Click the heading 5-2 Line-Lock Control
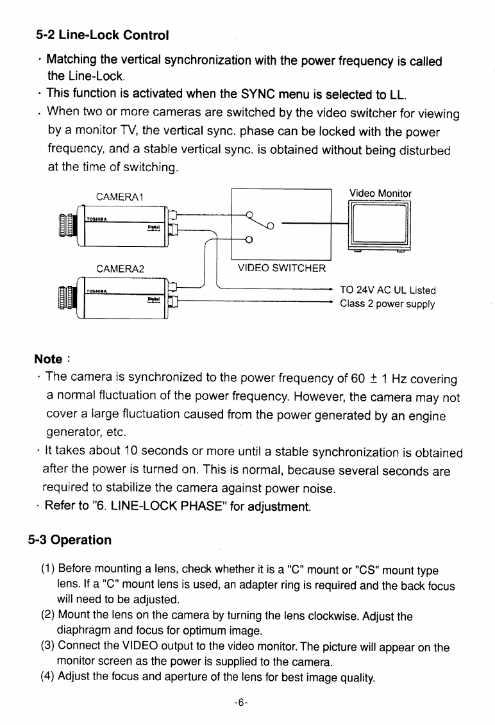[x=102, y=35]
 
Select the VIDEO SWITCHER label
[x=281, y=268]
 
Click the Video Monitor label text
[x=380, y=193]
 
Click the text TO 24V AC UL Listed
[x=388, y=290]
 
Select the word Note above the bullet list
[x=48, y=359]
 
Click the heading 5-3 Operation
[x=69, y=540]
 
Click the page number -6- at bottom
[x=241, y=702]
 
